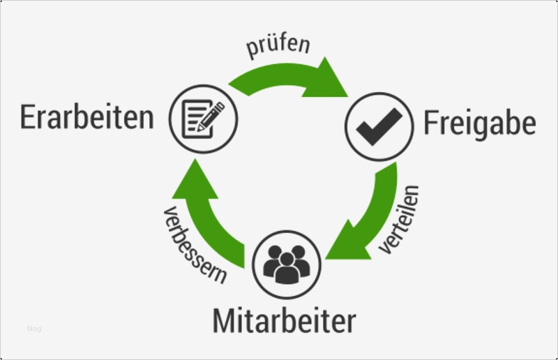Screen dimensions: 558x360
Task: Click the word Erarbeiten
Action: tap(87, 117)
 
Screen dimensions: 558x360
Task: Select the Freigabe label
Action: tap(480, 123)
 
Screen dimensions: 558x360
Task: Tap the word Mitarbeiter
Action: tap(285, 321)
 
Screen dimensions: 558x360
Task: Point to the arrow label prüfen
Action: tap(278, 46)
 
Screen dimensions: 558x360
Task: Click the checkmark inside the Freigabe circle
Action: tap(379, 127)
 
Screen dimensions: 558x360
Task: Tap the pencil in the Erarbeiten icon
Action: tap(211, 116)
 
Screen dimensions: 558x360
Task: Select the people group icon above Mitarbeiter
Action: tap(287, 264)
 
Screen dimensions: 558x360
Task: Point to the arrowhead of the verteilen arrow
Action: tap(346, 242)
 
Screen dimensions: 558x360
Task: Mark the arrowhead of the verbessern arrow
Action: tap(195, 180)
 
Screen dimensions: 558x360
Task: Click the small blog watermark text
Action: tap(34, 328)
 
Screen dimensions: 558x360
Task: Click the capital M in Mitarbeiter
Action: tap(223, 321)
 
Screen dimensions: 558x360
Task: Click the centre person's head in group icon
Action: tap(287, 260)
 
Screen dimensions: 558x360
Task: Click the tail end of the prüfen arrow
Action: tap(238, 90)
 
